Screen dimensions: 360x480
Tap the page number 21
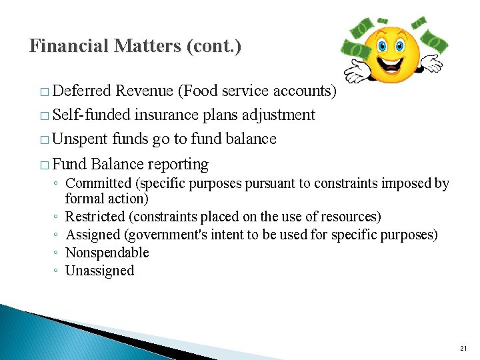click(464, 349)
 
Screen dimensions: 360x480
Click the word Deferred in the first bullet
click(81, 91)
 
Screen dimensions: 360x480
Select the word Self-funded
click(91, 115)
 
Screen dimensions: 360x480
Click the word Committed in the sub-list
click(99, 183)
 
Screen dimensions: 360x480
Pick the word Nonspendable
click(107, 253)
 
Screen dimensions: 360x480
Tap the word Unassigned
click(99, 271)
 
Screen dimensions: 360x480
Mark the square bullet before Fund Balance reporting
click(44, 165)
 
